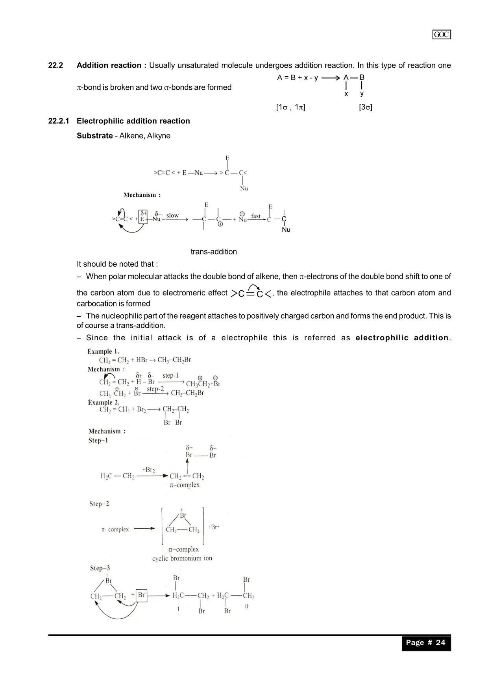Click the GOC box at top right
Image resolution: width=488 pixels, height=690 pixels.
tap(442, 35)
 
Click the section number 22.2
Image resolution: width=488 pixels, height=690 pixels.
tap(55, 65)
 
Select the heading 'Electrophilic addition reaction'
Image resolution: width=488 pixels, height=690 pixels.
tap(133, 121)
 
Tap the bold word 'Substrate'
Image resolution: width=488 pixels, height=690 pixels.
tap(94, 136)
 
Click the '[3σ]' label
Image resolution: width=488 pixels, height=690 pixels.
tap(365, 107)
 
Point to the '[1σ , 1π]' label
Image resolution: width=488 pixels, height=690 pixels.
tap(290, 107)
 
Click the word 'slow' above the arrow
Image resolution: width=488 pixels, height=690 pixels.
tap(172, 215)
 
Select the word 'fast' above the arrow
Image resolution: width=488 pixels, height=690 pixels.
tap(256, 216)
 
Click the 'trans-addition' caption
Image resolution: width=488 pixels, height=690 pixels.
tap(214, 252)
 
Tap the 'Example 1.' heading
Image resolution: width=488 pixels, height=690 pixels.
tap(103, 351)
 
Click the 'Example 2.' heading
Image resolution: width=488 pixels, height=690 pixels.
tap(104, 402)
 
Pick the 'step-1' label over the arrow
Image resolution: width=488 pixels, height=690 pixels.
tap(170, 376)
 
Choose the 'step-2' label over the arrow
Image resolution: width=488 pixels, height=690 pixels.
tap(155, 389)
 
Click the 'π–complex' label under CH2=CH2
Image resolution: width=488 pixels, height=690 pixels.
tap(185, 485)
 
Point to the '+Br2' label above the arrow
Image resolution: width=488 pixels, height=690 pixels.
tap(148, 470)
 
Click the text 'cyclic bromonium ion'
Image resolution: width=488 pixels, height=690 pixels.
tap(182, 558)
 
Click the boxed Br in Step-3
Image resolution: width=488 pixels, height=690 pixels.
tap(142, 595)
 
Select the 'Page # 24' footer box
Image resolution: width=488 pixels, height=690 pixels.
tap(426, 643)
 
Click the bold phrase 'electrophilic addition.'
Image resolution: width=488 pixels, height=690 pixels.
tap(403, 338)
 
